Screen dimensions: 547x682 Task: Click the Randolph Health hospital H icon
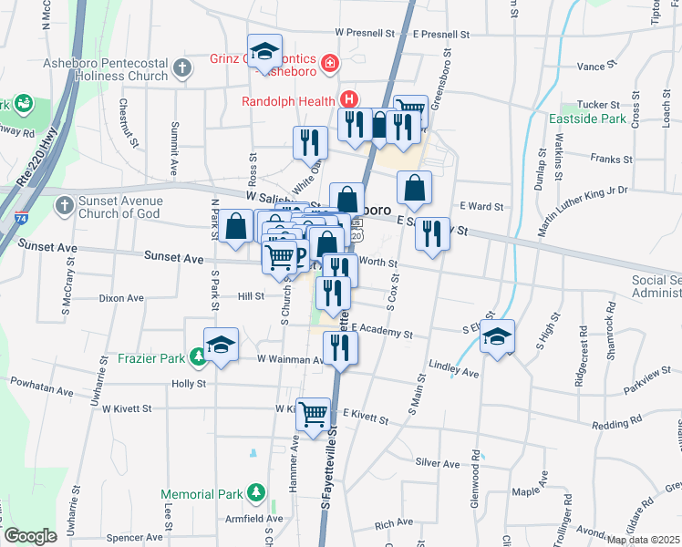(346, 100)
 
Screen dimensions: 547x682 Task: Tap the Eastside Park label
(588, 119)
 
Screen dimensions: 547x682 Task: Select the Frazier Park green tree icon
(199, 357)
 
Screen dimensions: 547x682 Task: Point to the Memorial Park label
(201, 494)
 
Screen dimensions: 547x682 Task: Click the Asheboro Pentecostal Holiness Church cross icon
(181, 67)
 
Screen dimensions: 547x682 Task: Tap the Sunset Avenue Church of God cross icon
(64, 206)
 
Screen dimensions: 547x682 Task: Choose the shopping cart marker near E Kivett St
(314, 414)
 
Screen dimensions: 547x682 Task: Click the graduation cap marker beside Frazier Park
(221, 345)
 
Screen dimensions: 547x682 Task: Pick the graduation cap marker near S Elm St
(497, 335)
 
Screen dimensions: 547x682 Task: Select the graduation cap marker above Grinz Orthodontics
(264, 50)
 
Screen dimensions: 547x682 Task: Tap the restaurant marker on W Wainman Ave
(340, 346)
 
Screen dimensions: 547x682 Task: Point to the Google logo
(30, 536)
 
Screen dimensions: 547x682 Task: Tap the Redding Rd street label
(617, 425)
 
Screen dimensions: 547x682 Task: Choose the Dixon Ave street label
(122, 298)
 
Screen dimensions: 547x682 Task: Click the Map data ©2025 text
(642, 540)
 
